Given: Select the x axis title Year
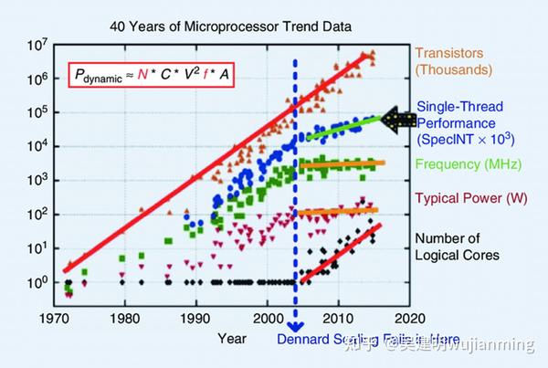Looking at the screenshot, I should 232,338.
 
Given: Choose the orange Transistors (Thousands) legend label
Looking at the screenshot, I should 453,61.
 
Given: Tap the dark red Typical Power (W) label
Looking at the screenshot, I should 465,197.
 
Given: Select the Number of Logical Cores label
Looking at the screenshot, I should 458,247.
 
